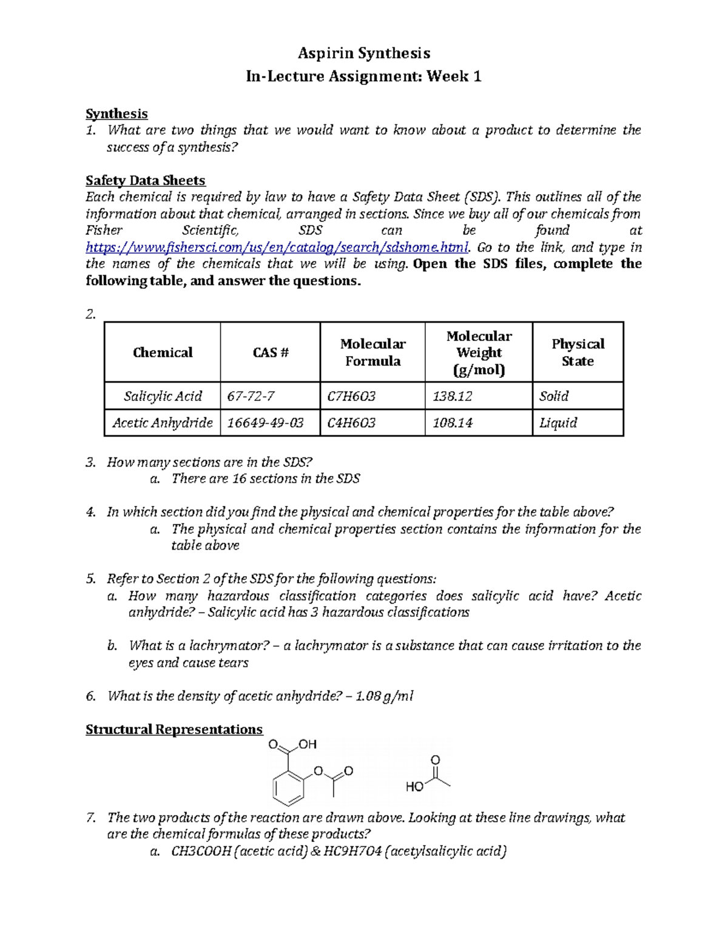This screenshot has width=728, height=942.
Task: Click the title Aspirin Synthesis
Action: [363, 53]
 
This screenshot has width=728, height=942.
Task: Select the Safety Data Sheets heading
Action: [145, 180]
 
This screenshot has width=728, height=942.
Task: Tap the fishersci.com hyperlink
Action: [277, 247]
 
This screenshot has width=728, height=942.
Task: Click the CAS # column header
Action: [270, 352]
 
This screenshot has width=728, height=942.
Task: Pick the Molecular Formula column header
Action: [372, 352]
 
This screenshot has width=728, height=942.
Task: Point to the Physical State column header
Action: [578, 352]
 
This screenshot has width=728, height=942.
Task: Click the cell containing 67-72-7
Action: [251, 396]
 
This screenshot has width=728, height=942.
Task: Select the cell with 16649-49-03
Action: [265, 423]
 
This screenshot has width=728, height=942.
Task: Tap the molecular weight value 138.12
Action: [452, 396]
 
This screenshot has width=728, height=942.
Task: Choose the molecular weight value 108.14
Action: [452, 423]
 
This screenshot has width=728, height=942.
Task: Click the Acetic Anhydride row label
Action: [163, 423]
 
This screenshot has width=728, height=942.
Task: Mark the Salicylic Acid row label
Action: [163, 396]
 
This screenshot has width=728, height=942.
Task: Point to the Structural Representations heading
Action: [174, 729]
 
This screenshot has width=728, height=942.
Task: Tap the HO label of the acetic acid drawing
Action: [414, 787]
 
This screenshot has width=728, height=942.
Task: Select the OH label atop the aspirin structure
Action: [308, 744]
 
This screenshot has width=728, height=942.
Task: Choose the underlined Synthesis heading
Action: [116, 114]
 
